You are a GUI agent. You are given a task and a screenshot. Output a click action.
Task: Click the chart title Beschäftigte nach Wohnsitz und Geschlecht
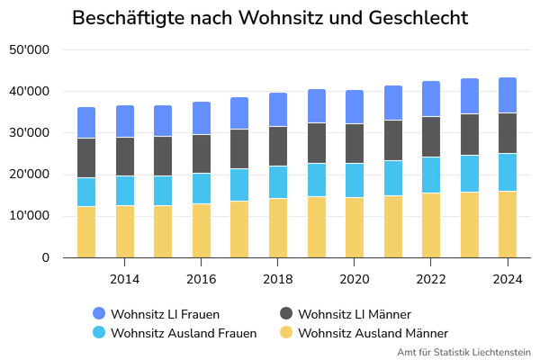(270, 18)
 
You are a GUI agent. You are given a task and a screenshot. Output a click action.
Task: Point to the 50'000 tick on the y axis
(29, 50)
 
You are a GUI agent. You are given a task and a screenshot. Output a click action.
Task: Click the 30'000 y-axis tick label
(29, 133)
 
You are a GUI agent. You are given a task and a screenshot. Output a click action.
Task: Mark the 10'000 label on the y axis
(29, 216)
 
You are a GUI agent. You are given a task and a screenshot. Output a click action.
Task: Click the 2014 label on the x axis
(124, 279)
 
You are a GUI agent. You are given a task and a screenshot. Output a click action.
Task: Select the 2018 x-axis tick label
(278, 279)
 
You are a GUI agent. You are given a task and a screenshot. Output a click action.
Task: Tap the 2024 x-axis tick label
(508, 279)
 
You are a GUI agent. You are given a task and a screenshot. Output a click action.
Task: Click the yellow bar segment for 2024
(508, 224)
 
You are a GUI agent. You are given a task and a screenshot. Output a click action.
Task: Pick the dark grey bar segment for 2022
(431, 137)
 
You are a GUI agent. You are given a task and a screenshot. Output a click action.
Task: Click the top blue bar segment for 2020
(355, 107)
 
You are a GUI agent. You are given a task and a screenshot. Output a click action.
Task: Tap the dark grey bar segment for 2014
(124, 157)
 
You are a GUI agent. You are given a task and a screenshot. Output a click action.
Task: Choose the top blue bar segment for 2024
(508, 95)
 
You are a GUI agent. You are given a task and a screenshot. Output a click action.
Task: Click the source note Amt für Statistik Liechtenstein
(464, 352)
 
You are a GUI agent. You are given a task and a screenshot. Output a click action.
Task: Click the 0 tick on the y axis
(44, 258)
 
